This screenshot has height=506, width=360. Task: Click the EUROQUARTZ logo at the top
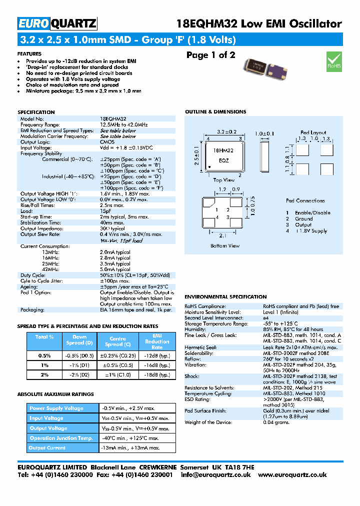click(57, 23)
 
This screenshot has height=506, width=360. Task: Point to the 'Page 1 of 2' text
click(210, 55)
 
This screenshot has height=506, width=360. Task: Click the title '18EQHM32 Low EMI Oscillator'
click(259, 23)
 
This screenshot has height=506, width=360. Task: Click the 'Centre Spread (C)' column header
click(118, 341)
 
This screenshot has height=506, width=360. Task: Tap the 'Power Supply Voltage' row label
click(56, 408)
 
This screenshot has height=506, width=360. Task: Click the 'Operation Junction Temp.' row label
click(61, 438)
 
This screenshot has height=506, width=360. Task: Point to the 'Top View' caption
click(223, 180)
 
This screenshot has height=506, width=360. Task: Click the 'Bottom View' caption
click(225, 245)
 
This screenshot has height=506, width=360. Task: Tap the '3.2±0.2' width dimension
click(225, 132)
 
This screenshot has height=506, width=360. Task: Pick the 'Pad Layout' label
click(313, 133)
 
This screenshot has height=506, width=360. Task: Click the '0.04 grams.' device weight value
click(276, 422)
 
